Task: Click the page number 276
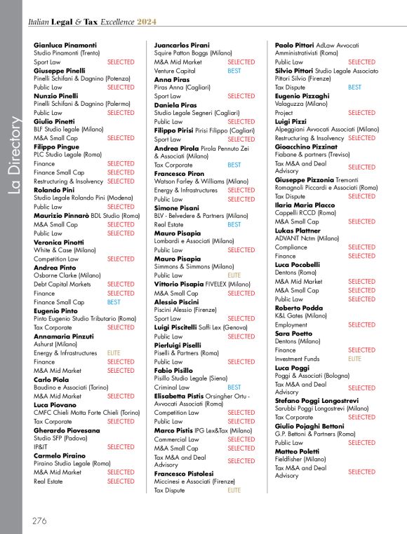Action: point(39,520)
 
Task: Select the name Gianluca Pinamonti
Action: point(65,45)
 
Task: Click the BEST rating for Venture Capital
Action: point(234,71)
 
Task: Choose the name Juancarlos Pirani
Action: point(181,45)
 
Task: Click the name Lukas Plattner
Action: point(298,230)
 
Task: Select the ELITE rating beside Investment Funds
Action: point(354,359)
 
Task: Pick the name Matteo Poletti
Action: point(298,452)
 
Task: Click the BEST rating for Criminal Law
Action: point(234,387)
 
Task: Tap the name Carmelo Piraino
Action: point(60,456)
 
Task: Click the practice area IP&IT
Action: point(43,446)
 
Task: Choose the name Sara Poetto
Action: point(293,333)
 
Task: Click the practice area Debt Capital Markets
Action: point(62,285)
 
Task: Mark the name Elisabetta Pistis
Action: point(183,396)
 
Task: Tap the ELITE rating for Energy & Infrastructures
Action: point(113,353)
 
